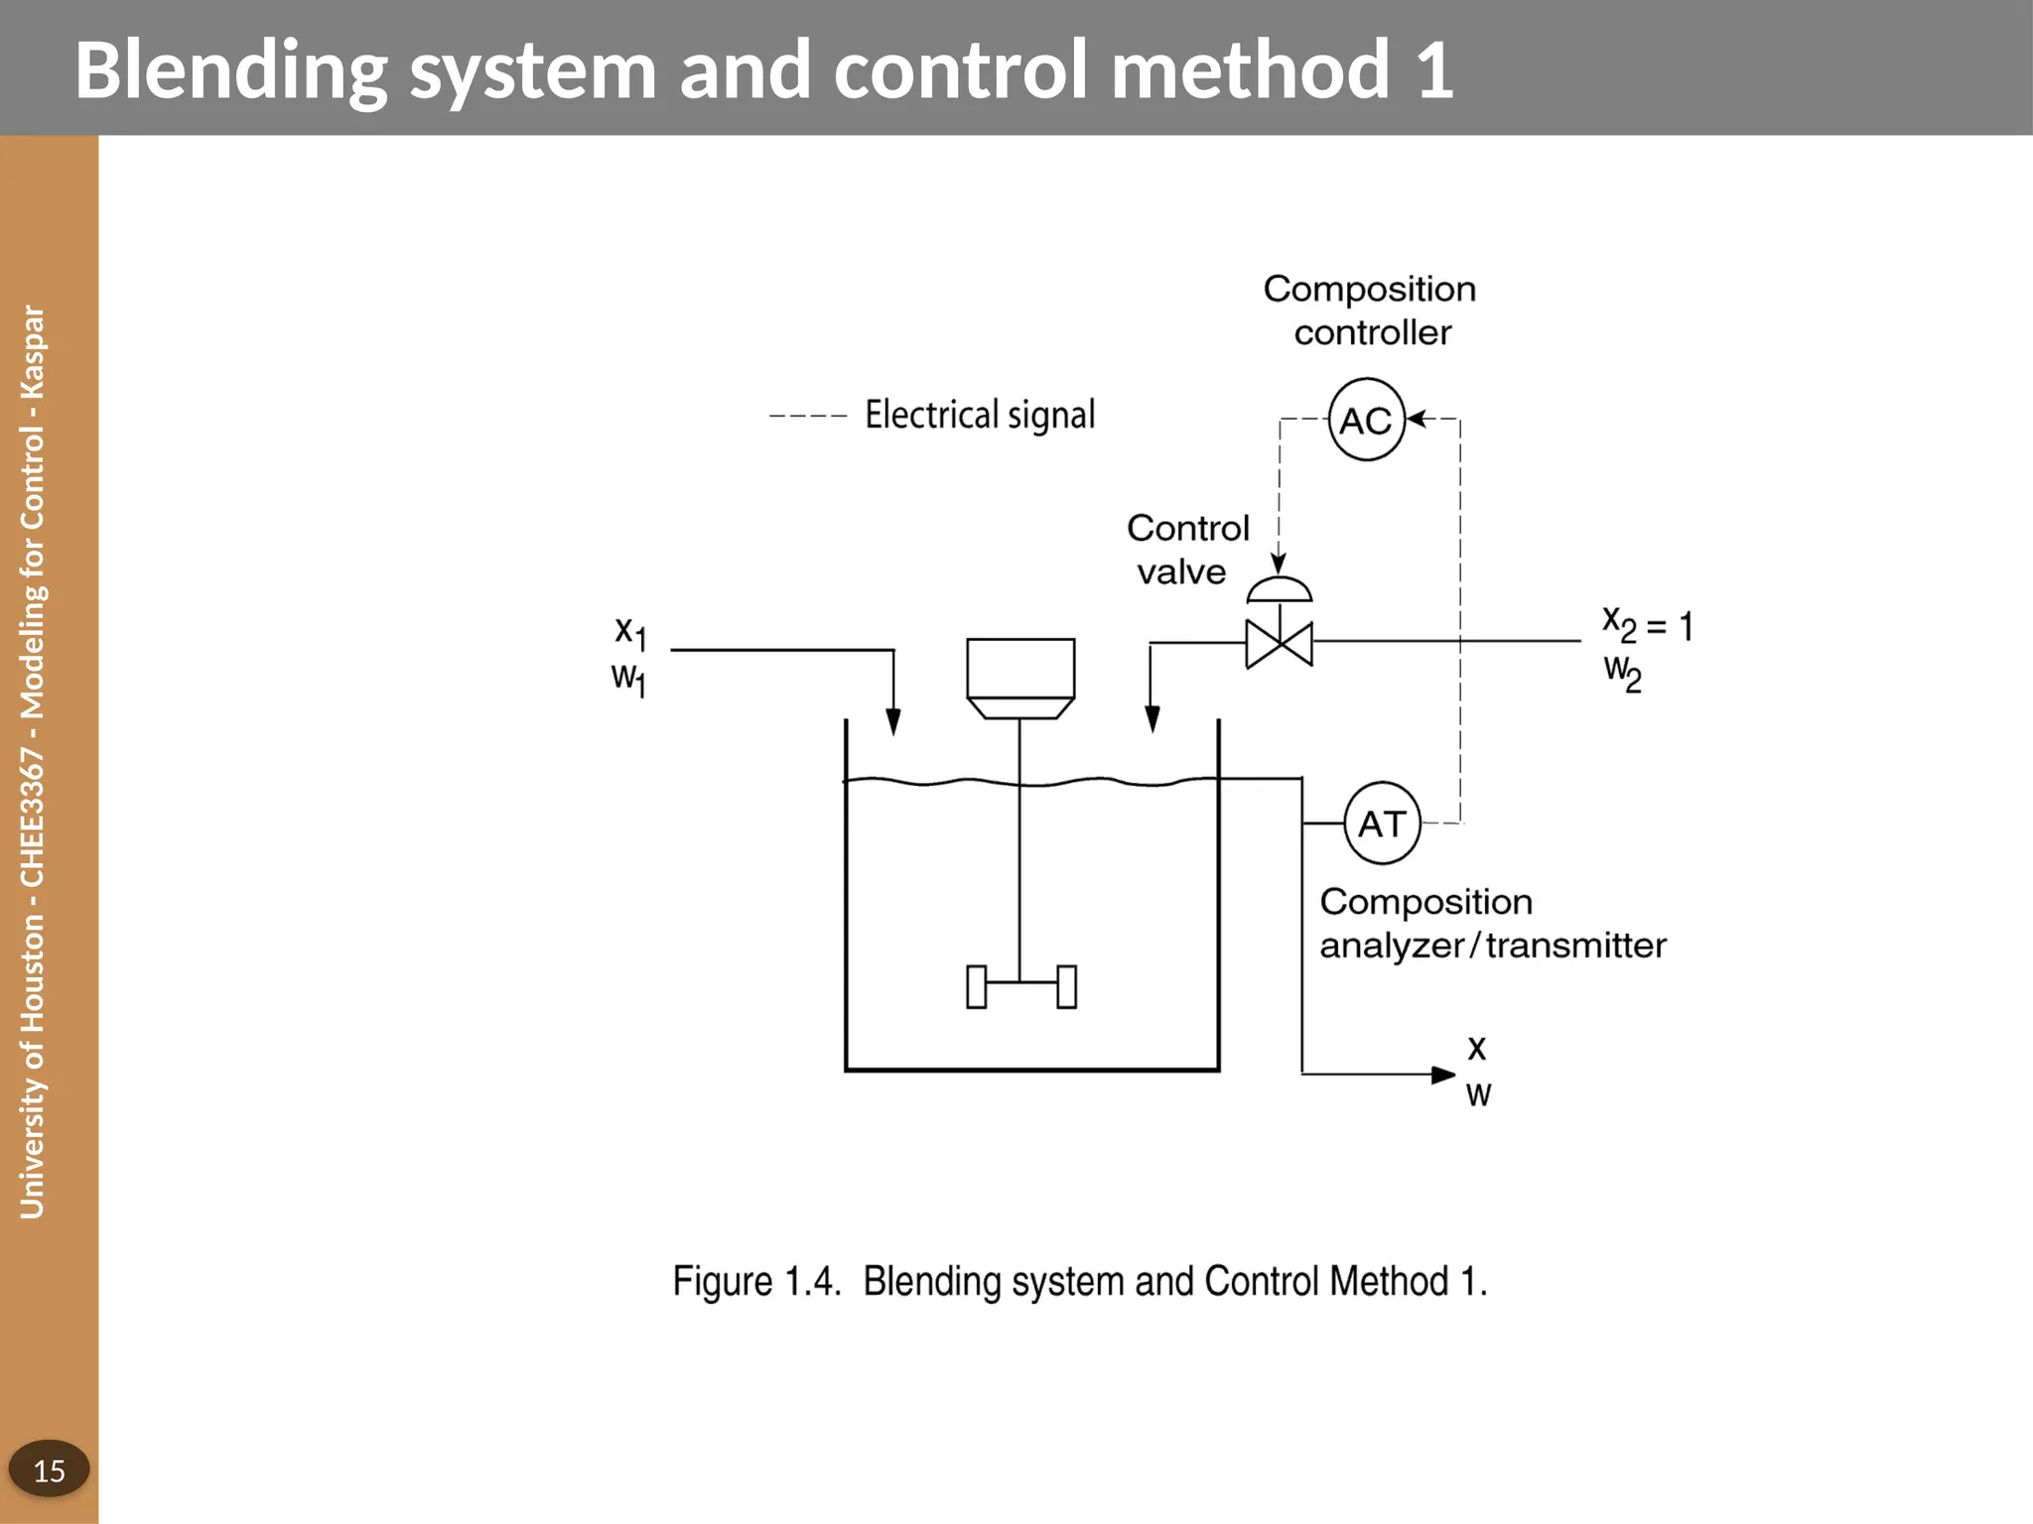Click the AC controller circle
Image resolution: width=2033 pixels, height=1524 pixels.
(x=1366, y=420)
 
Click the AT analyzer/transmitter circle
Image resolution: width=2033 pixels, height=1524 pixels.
(x=1382, y=824)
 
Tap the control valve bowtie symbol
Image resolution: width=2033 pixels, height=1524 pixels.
(x=1279, y=644)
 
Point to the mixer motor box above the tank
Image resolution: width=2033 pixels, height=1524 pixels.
(x=1020, y=669)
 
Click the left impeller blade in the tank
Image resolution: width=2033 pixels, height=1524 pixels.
(x=977, y=986)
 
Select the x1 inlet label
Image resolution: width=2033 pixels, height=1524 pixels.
(x=629, y=631)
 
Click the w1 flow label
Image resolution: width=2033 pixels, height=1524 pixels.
(x=628, y=680)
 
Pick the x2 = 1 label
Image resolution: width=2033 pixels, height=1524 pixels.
(x=1647, y=625)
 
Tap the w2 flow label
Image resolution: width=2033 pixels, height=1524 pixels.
(x=1622, y=672)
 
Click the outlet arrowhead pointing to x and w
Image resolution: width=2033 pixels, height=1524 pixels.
(x=1443, y=1075)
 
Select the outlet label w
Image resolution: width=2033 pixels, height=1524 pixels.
(x=1478, y=1095)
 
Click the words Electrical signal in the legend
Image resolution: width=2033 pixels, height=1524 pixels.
(x=979, y=415)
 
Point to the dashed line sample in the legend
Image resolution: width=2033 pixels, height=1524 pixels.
(x=807, y=416)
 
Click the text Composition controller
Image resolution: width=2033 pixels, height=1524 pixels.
(x=1370, y=310)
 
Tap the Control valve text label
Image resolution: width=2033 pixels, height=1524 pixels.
(x=1186, y=550)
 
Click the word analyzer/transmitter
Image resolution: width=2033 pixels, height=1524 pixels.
(x=1492, y=946)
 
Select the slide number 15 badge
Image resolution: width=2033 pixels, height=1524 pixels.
(x=49, y=1469)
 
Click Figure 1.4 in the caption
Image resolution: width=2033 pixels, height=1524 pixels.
(x=756, y=1281)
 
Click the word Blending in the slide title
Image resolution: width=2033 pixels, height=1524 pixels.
(x=230, y=69)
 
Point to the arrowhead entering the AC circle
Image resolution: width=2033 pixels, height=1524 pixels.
(x=1417, y=419)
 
